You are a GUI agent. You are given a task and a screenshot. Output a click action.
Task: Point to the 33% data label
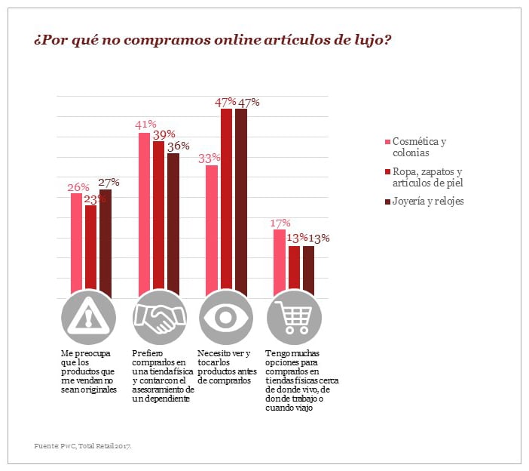[x=209, y=158]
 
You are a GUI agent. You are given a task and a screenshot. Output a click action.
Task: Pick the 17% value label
[x=280, y=223]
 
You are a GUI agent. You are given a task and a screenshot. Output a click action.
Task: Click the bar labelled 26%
[x=76, y=242]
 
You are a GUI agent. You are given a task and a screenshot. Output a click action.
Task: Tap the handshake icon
[x=159, y=318]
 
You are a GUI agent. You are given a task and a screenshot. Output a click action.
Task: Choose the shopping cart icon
[x=294, y=318]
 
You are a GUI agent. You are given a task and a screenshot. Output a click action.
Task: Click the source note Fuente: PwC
[x=83, y=446]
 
